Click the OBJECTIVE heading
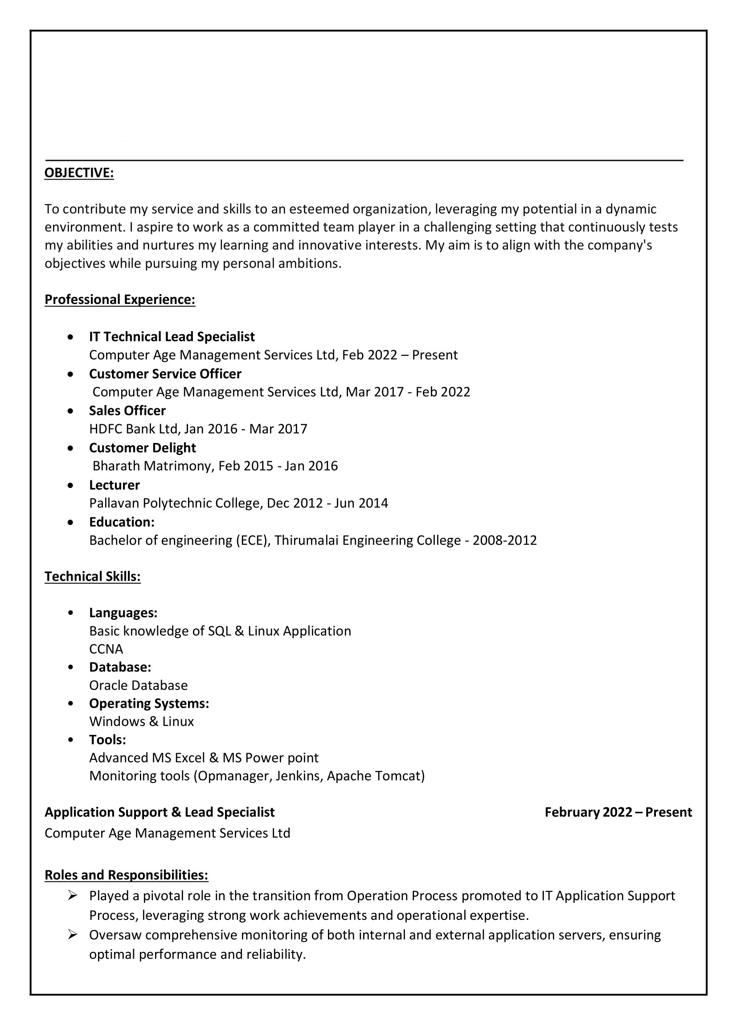pyautogui.click(x=79, y=172)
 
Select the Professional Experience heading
pyautogui.click(x=120, y=299)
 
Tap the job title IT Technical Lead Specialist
pyautogui.click(x=172, y=337)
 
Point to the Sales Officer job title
pyautogui.click(x=127, y=410)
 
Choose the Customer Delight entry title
pyautogui.click(x=142, y=447)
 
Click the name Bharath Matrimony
pyautogui.click(x=151, y=466)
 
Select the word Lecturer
pyautogui.click(x=115, y=485)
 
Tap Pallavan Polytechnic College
pyautogui.click(x=175, y=503)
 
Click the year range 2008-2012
pyautogui.click(x=504, y=540)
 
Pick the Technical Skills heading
pyautogui.click(x=93, y=576)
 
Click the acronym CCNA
pyautogui.click(x=106, y=649)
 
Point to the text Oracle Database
pyautogui.click(x=138, y=685)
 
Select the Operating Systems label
pyautogui.click(x=149, y=703)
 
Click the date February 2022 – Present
pyautogui.click(x=618, y=812)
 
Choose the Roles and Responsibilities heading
pyautogui.click(x=126, y=875)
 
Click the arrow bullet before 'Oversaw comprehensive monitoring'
pyautogui.click(x=73, y=934)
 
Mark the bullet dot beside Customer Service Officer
pyautogui.click(x=70, y=374)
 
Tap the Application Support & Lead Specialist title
pyautogui.click(x=160, y=812)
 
